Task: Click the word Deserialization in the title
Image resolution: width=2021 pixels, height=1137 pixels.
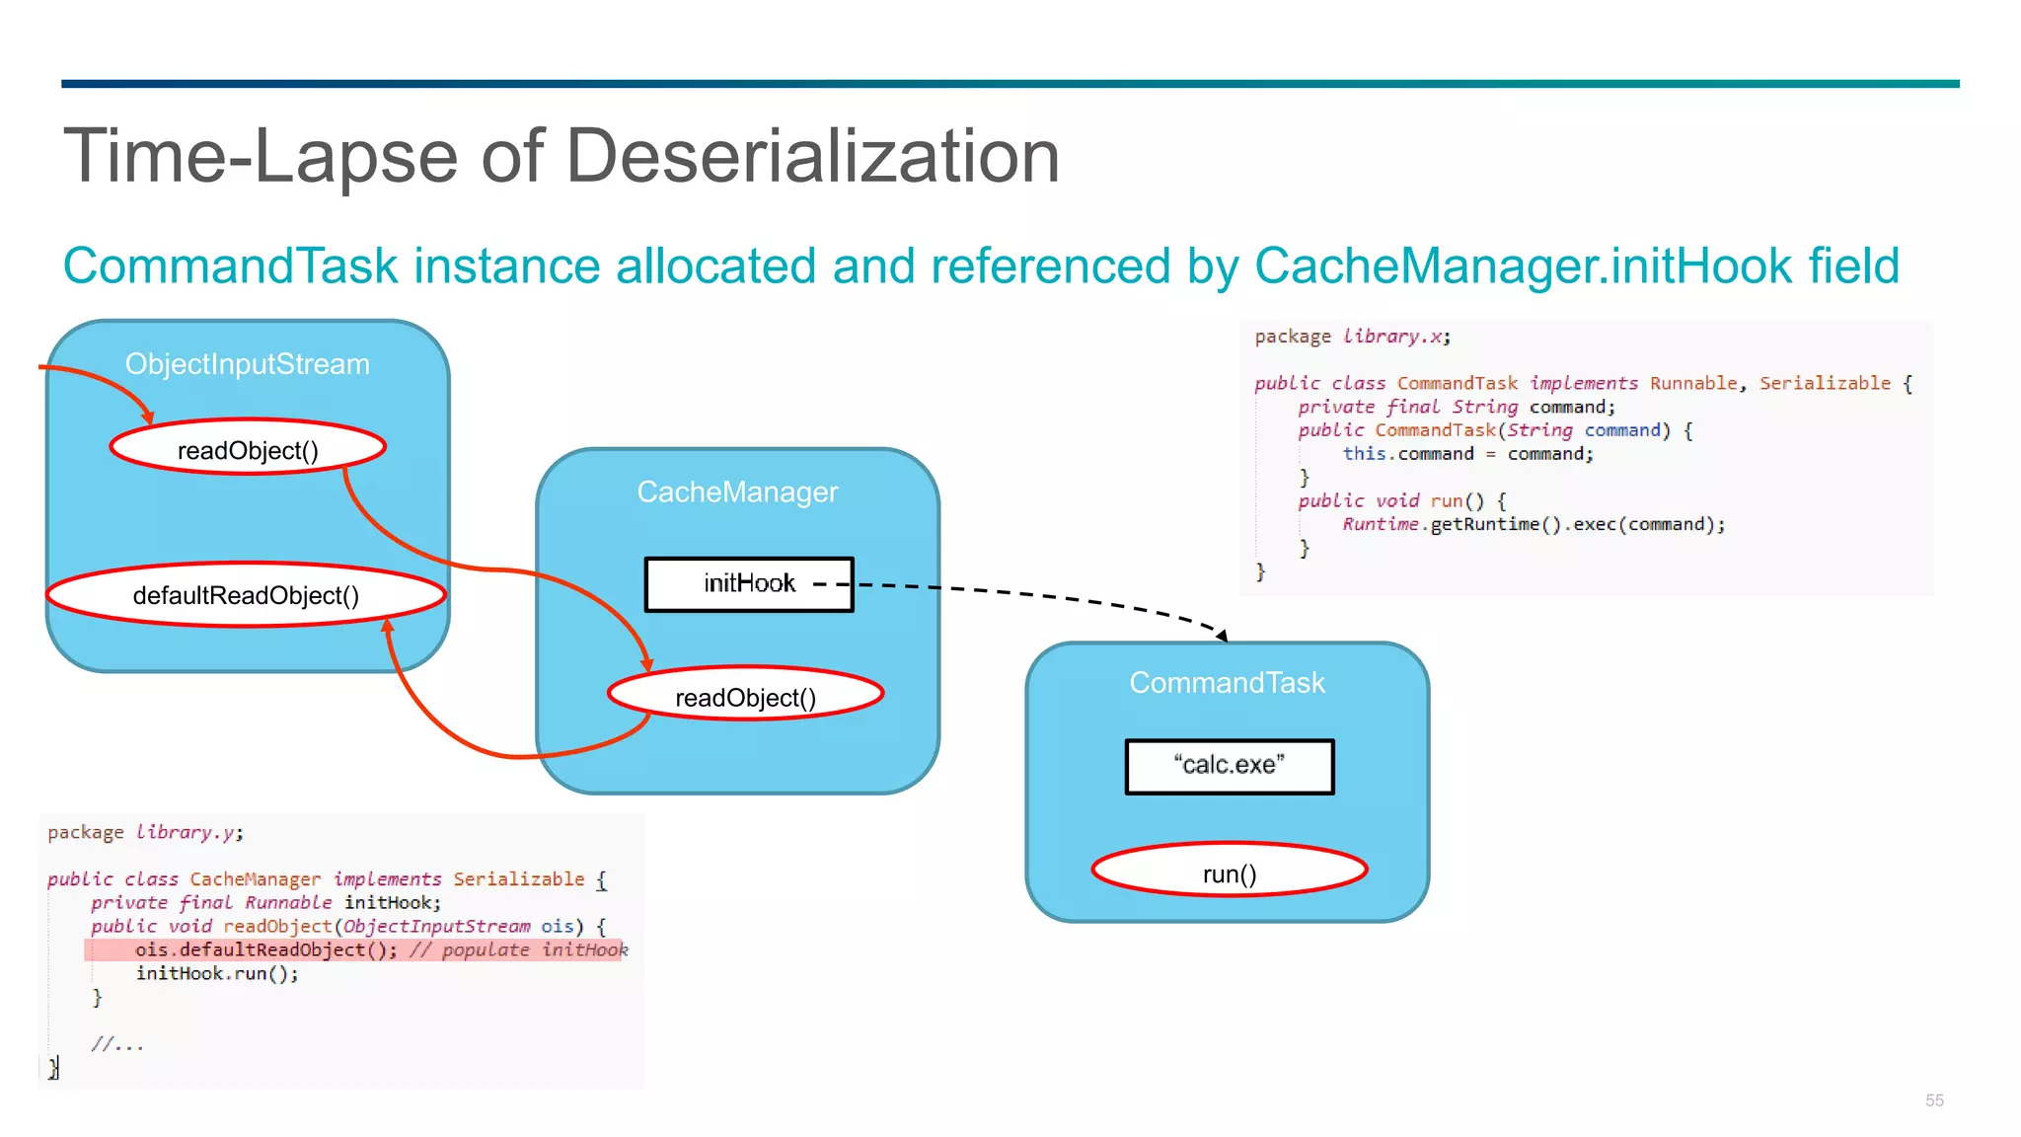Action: pos(812,157)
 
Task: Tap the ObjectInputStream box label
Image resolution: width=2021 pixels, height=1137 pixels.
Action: pos(247,364)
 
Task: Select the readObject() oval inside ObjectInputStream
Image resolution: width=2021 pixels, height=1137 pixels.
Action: pos(248,450)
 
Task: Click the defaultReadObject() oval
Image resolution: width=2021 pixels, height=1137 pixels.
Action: pos(246,595)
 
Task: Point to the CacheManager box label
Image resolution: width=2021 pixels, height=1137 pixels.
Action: pos(737,492)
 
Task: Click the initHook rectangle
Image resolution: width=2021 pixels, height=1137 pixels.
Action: pos(749,583)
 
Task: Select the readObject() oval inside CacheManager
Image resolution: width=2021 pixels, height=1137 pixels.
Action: pos(745,697)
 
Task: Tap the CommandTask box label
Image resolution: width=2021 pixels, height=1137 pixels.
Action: pos(1227,682)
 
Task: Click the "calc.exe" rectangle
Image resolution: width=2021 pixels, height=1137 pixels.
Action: pos(1229,765)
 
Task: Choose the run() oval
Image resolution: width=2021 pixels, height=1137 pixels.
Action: pos(1229,873)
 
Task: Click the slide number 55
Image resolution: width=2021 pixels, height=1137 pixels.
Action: pos(1934,1099)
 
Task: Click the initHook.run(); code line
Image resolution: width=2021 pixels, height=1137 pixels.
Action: pos(217,973)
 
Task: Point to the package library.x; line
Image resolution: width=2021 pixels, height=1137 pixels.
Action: pos(1352,337)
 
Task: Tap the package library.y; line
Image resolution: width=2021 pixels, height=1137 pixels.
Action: pos(145,832)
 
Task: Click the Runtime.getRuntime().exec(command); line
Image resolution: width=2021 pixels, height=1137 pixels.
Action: pos(1534,524)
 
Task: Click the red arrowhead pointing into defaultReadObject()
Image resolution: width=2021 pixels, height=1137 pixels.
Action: pos(388,626)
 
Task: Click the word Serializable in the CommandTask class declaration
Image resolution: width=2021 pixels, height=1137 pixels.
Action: pos(1825,383)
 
